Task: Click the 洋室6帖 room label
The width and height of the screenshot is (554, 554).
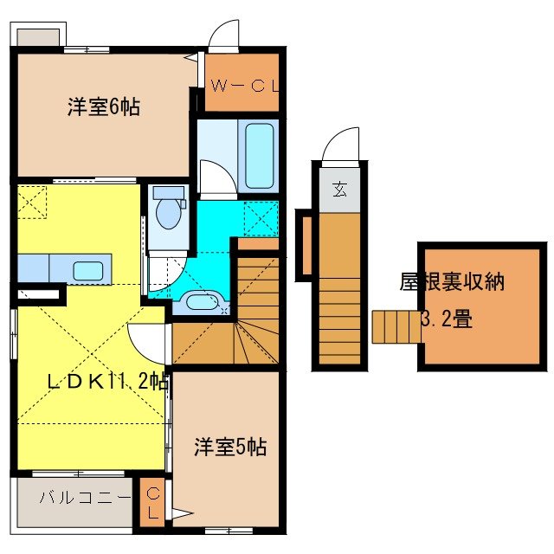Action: coord(103,108)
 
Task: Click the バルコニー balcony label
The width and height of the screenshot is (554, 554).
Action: coord(85,499)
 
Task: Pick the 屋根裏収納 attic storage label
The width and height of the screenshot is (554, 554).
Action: coord(452,282)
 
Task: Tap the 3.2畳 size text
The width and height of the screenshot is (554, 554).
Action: coord(447,319)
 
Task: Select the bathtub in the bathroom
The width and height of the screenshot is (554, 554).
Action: coord(261,156)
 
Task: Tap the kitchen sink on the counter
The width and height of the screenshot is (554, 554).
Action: coord(89,270)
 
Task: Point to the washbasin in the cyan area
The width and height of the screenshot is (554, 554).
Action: coord(203,302)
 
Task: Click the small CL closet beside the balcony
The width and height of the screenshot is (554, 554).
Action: coord(152,502)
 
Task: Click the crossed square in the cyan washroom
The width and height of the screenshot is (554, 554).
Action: coord(260,217)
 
